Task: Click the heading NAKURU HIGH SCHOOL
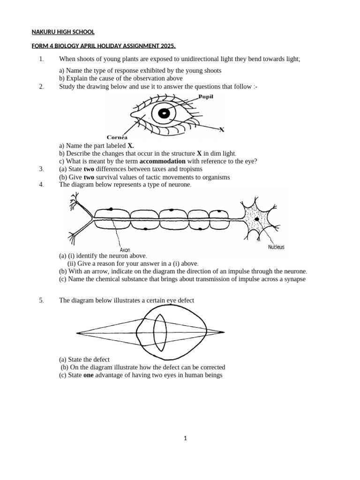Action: click(63, 32)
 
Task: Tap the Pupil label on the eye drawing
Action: click(205, 97)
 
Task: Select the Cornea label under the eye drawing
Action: click(117, 137)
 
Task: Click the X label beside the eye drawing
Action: click(222, 129)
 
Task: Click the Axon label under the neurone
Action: click(125, 250)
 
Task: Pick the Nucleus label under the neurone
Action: click(276, 247)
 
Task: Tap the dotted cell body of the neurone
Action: click(256, 218)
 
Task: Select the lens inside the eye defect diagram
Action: click(160, 332)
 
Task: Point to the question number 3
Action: click(41, 169)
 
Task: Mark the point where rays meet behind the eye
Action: click(221, 332)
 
